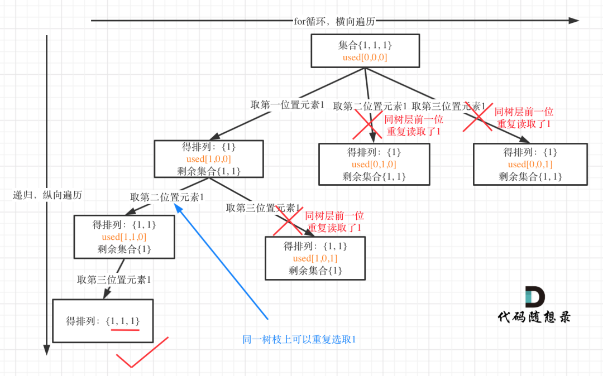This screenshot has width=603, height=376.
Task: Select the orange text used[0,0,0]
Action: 365,57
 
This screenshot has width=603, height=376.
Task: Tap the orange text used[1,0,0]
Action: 208,160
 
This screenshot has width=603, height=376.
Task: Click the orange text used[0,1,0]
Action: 374,165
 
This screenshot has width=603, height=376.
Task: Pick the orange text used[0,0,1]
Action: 530,165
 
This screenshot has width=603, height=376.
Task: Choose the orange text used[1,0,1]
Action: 315,258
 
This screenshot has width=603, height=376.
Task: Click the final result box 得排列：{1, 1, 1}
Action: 102,321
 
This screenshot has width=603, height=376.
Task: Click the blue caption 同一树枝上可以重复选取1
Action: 299,339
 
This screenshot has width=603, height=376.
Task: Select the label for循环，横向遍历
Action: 334,21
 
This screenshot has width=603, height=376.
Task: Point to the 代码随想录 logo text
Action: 534,317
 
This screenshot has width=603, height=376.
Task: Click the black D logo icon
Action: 535,296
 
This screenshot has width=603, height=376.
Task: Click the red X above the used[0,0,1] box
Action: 477,118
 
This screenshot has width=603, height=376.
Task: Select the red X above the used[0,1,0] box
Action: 367,124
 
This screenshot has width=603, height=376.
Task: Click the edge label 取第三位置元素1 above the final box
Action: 114,279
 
